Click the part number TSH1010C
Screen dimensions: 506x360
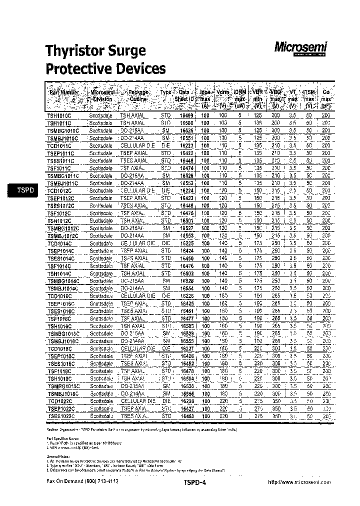[x=59, y=115]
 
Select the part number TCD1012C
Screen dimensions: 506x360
[x=60, y=190]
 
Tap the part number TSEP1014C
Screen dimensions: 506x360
[x=60, y=250]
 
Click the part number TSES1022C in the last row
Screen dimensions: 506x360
[x=60, y=416]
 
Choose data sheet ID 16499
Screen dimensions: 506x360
[x=186, y=115]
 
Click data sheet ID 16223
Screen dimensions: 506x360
[x=186, y=145]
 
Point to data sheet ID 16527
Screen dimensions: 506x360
[x=186, y=228]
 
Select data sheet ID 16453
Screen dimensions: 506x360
[x=186, y=416]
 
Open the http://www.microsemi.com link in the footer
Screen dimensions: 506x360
[x=299, y=482]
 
